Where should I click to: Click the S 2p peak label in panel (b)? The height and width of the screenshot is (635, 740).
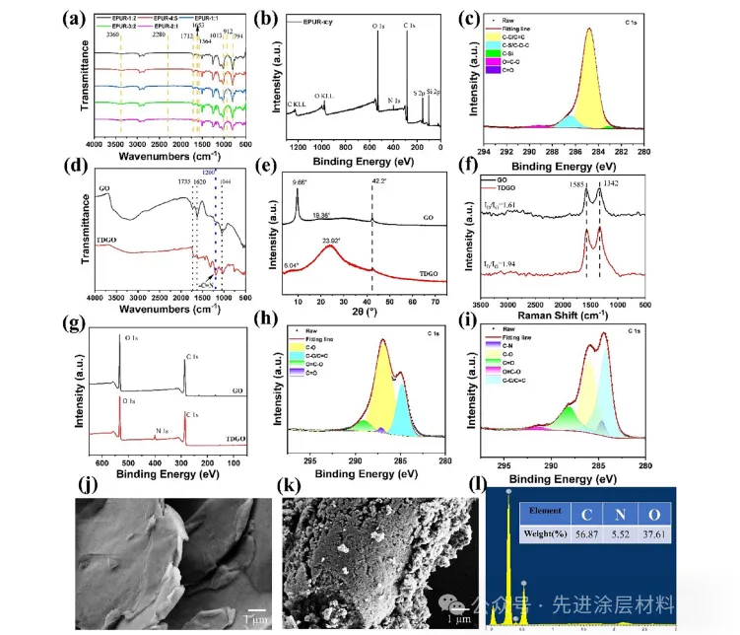(420, 93)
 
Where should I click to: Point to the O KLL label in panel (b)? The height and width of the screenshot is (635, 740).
(324, 98)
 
